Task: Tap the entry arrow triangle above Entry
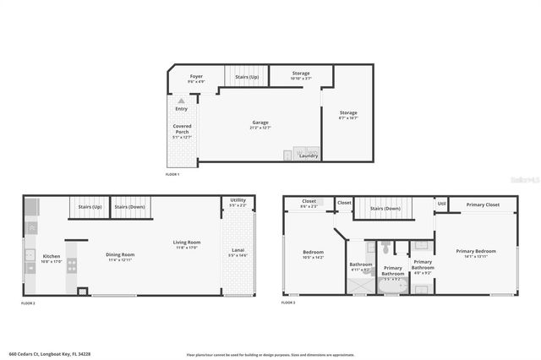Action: [x=181, y=101]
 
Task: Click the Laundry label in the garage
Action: [x=309, y=155]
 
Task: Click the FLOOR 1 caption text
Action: [x=172, y=174]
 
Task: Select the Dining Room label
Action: [x=121, y=257]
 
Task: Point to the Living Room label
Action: [x=186, y=244]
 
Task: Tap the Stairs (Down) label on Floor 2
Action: [x=130, y=207]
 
